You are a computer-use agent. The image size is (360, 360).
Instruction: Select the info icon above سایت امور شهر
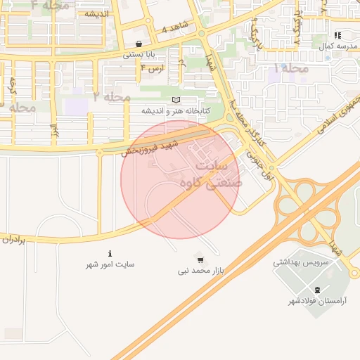[110, 253]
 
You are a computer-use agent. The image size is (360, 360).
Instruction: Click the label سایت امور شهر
[110, 264]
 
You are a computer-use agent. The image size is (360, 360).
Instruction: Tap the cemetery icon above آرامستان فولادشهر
[316, 290]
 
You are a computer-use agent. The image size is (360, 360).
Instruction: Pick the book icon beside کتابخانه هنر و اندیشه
[176, 101]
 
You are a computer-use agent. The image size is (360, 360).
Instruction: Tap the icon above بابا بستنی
[139, 44]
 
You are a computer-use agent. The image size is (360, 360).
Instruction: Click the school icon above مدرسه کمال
[337, 35]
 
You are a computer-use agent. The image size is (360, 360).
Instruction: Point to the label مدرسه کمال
[335, 46]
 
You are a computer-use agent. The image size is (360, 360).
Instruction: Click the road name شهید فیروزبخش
[150, 148]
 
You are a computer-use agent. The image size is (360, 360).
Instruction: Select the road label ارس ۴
[151, 68]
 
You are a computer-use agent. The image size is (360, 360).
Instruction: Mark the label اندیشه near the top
[96, 13]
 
